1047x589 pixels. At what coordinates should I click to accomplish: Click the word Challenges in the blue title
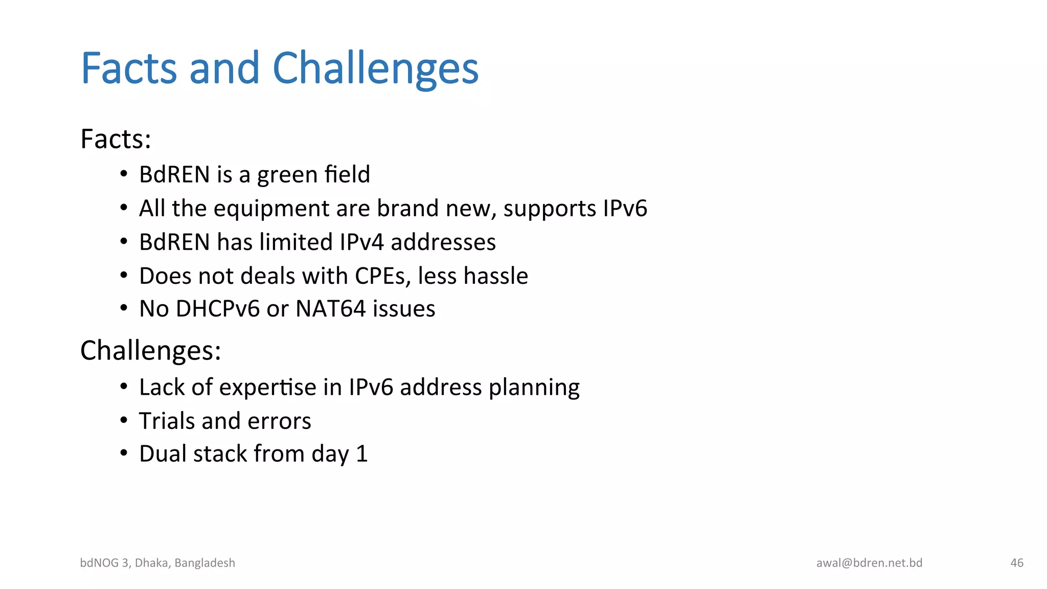[375, 69]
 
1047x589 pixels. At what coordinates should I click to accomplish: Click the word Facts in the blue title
[129, 69]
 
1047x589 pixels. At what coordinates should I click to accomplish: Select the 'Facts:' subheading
[116, 139]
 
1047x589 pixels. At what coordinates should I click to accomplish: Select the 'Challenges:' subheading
[150, 351]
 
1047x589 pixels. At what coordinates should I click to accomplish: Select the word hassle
[496, 276]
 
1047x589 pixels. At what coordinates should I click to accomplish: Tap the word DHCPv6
[217, 309]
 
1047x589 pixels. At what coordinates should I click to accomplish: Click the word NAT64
[331, 309]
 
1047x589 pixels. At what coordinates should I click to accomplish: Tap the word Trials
[167, 421]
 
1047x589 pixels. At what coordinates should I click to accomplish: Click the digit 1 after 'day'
[361, 454]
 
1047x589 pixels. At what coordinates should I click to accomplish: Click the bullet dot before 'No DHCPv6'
[124, 308]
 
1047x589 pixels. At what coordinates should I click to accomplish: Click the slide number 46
[1016, 563]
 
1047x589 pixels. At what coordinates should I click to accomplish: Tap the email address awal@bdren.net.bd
[869, 563]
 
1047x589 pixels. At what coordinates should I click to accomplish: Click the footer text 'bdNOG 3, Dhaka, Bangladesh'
[157, 563]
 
